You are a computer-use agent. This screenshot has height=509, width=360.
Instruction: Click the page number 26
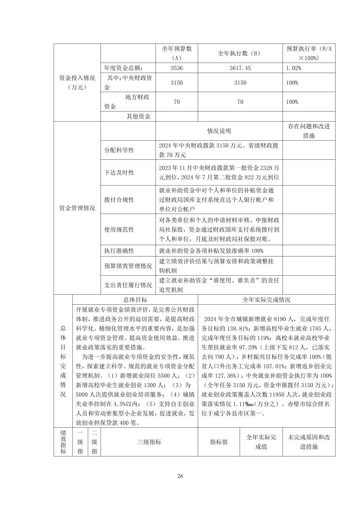[x=180, y=476]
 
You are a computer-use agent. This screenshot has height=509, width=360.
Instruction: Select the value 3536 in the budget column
[x=177, y=68]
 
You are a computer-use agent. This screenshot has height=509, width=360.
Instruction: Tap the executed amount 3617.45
[x=240, y=68]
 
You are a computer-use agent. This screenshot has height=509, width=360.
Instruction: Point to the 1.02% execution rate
[x=294, y=68]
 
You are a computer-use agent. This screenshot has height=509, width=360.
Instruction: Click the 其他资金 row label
[x=138, y=116]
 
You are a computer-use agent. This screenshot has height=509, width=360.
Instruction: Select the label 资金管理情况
[x=77, y=208]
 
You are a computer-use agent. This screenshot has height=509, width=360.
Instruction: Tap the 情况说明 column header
[x=219, y=131]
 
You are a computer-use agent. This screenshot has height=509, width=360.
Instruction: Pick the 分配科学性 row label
[x=119, y=150]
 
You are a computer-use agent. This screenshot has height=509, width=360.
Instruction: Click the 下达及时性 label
[x=119, y=172]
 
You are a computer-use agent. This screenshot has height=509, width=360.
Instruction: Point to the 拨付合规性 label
[x=119, y=200]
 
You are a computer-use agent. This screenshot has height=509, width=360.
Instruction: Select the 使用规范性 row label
[x=119, y=229]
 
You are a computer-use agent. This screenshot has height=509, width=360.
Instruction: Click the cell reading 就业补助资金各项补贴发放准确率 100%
[x=211, y=251]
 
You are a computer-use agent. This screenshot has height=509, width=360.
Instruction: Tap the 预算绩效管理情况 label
[x=128, y=266]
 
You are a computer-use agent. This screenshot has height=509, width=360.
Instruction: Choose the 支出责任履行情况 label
[x=128, y=285]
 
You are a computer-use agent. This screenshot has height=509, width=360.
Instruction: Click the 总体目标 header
[x=135, y=300]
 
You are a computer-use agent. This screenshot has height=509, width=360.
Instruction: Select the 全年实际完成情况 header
[x=266, y=300]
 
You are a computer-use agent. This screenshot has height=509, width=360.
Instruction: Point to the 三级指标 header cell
[x=149, y=442]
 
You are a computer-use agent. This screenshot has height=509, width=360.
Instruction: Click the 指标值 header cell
[x=219, y=442]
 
